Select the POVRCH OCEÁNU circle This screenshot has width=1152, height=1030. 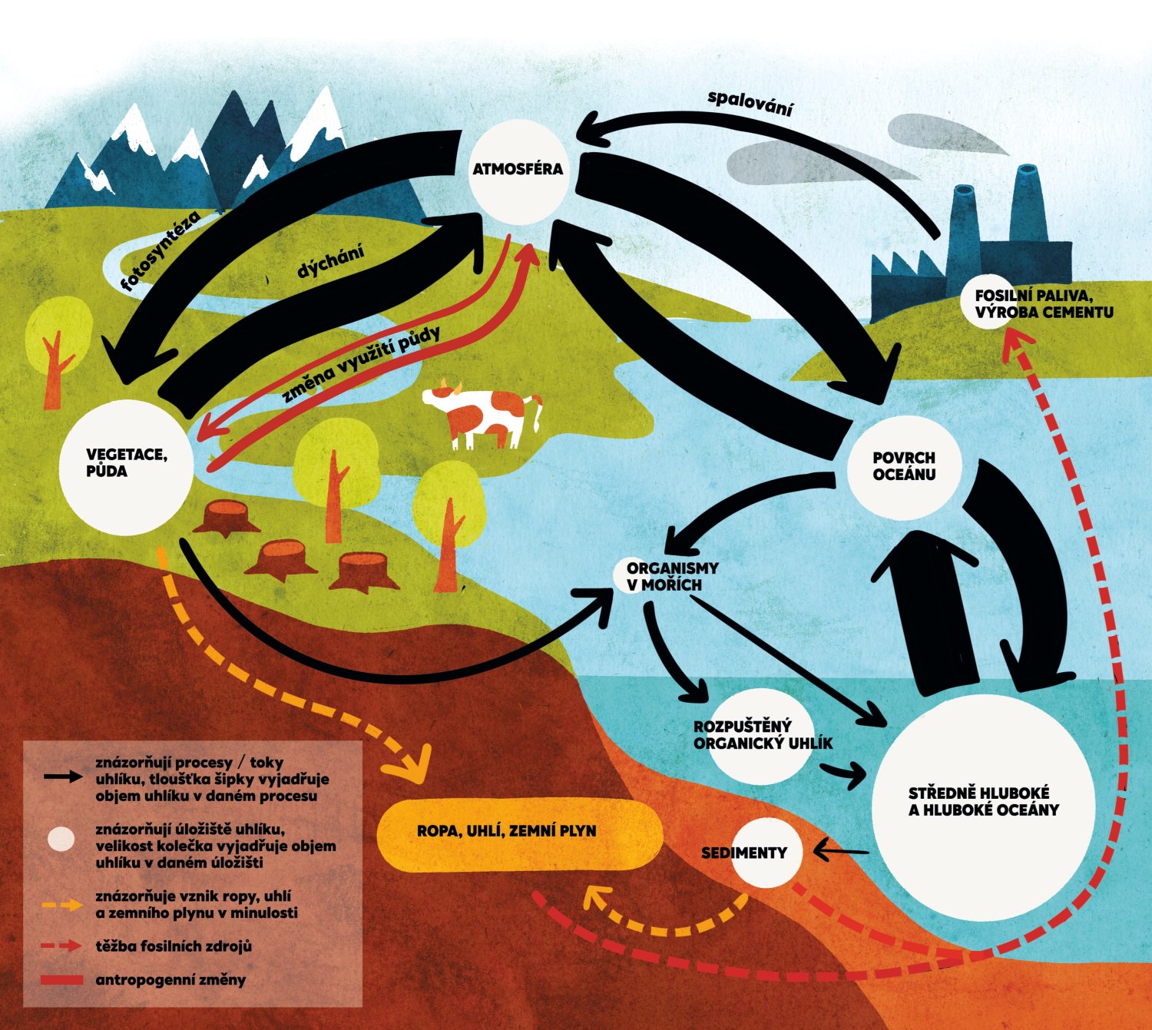[x=904, y=467]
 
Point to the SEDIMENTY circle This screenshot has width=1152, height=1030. [x=765, y=853]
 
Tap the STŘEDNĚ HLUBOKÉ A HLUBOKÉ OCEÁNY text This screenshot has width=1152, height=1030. [x=983, y=802]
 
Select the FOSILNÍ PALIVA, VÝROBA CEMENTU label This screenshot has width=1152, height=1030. [x=1043, y=304]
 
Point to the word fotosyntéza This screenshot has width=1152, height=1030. [x=161, y=251]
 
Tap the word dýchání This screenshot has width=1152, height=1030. [x=330, y=262]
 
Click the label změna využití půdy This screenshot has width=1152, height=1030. [x=361, y=364]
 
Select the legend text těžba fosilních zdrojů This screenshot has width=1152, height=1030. [x=174, y=946]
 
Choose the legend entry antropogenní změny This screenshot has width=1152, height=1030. [x=170, y=980]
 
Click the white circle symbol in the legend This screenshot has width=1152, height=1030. [x=61, y=839]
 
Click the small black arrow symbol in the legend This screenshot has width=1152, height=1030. [x=63, y=777]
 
